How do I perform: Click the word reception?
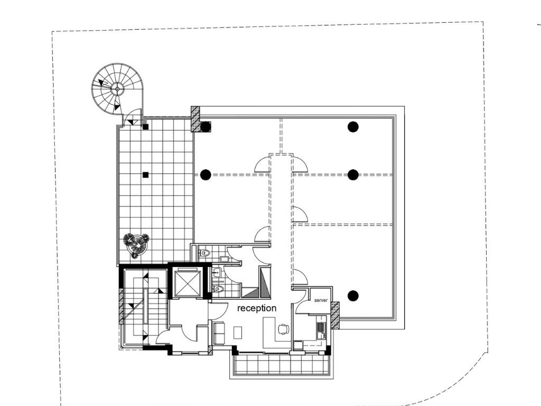tap(257, 308)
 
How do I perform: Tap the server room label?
tap(321, 300)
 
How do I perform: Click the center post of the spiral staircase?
tap(117, 89)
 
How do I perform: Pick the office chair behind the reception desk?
tap(283, 329)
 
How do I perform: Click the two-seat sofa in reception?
tap(219, 333)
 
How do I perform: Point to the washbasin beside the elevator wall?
tap(216, 272)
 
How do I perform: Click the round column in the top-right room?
tap(352, 127)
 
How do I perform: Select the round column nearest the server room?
tap(352, 296)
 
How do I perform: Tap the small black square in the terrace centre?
tap(146, 175)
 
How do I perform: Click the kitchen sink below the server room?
tap(321, 330)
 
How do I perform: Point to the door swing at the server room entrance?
tap(300, 298)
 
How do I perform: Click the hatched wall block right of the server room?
tap(335, 315)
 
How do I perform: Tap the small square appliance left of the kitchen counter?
tap(297, 345)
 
